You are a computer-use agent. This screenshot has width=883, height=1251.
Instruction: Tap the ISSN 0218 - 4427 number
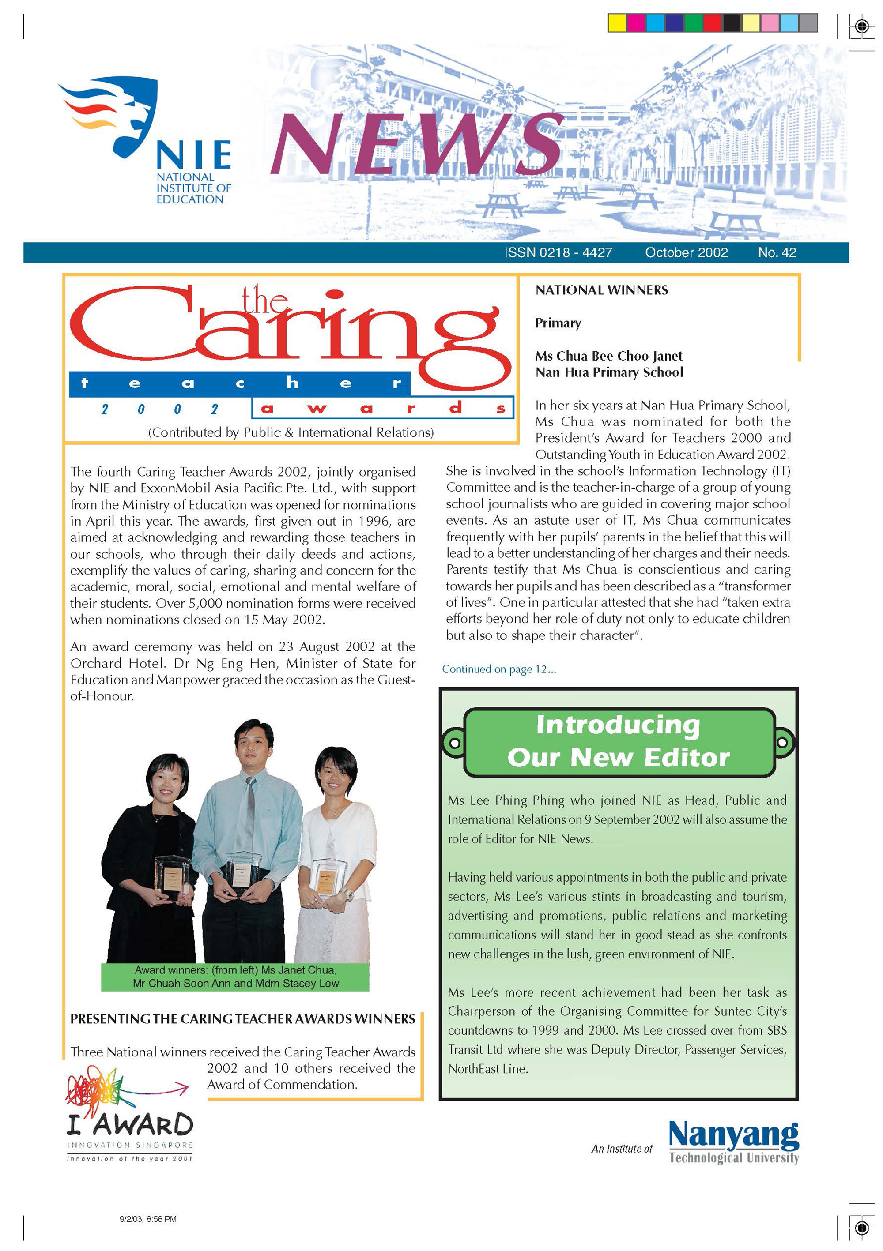click(558, 253)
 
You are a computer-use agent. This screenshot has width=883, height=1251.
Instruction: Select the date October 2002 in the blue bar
click(686, 253)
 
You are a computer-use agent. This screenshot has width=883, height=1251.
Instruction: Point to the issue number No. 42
click(777, 253)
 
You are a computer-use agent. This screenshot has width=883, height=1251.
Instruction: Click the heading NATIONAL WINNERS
click(601, 290)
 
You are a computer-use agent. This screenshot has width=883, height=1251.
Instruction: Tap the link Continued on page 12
click(499, 669)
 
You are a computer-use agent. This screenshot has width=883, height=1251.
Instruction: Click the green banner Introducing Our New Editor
click(619, 742)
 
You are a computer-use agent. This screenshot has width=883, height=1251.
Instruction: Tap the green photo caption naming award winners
click(235, 977)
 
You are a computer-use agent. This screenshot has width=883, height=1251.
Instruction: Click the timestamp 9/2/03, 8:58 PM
click(148, 1219)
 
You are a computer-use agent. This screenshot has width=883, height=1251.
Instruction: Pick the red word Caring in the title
click(289, 332)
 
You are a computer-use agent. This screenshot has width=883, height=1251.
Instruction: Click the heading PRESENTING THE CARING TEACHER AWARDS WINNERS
click(242, 1019)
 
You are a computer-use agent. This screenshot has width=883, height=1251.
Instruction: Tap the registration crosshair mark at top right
click(861, 26)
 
